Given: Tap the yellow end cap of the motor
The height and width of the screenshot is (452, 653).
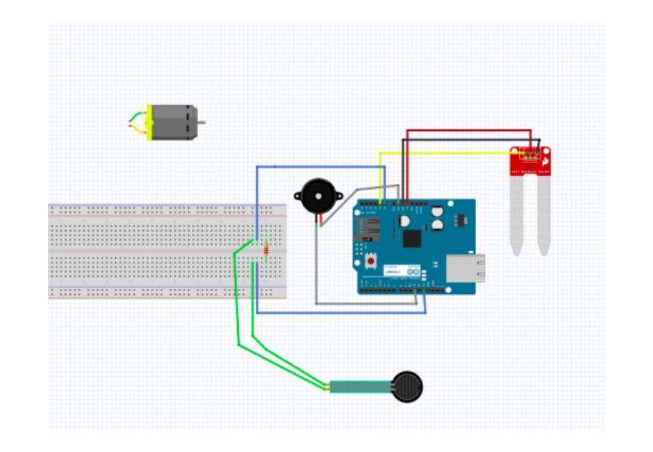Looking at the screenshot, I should pos(149,123).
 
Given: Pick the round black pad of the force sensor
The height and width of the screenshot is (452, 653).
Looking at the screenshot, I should pos(408,387).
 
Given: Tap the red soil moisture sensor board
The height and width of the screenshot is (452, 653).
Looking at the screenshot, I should pos(531,160).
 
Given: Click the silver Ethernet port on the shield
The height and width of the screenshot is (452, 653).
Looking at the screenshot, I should pos(466,269).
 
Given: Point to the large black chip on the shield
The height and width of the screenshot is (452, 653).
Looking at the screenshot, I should pos(412,238).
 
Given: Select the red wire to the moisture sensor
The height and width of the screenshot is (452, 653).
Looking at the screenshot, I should pos(469,131).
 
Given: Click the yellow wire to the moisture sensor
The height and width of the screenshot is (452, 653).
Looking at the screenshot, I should pos(446,153).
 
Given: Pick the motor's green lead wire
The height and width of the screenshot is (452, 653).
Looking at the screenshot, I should pos(135,115).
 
